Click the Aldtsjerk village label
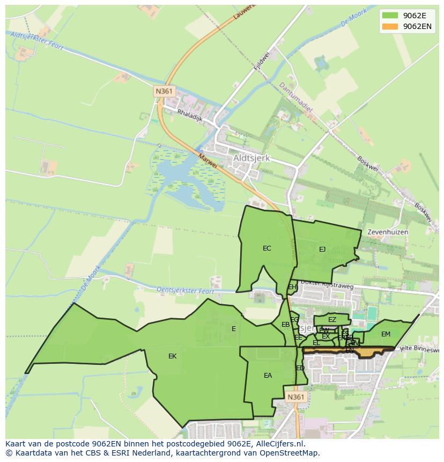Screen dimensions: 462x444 (251, 159)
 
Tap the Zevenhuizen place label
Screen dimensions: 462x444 (388, 232)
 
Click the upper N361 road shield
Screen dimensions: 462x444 (164, 91)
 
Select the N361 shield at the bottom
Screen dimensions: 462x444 (295, 397)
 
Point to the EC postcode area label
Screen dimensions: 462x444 (267, 248)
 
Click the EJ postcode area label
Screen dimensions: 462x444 (322, 249)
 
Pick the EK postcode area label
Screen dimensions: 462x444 (172, 356)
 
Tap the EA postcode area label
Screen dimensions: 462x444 (268, 376)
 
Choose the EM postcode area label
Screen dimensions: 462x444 (386, 334)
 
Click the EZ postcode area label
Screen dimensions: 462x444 (332, 320)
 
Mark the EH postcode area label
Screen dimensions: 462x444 (292, 287)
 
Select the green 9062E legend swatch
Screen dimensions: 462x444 (390, 16)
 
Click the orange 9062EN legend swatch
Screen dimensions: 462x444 (390, 26)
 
